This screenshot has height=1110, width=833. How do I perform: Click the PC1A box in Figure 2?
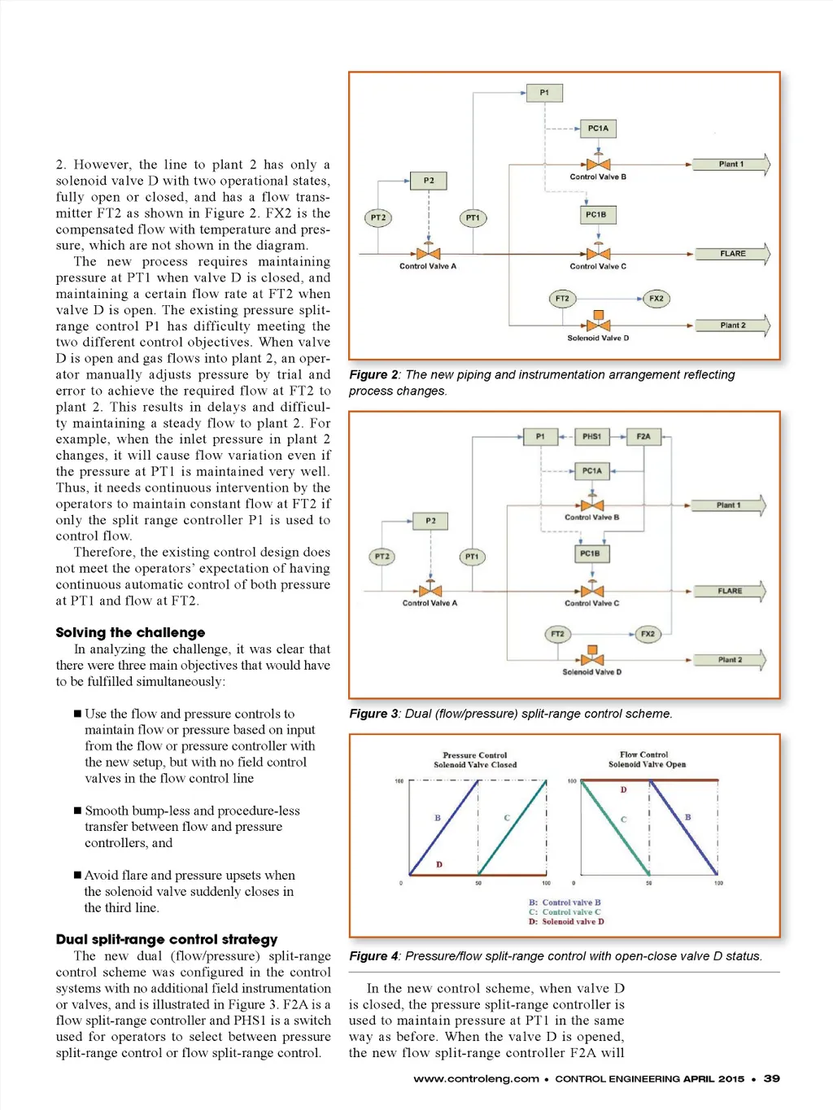point(598,129)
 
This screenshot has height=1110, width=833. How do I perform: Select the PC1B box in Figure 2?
point(596,215)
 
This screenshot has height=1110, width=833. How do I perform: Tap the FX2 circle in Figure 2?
point(656,299)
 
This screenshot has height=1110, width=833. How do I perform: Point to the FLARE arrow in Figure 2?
point(732,254)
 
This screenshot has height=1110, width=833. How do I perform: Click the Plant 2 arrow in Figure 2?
point(732,326)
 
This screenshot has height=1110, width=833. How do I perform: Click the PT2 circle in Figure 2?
point(378,218)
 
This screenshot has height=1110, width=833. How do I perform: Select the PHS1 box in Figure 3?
point(591,437)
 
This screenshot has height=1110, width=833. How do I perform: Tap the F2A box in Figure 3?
point(643,437)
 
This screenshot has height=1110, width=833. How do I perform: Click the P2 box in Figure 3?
point(430,521)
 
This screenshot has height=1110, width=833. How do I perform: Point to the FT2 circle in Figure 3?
point(557,634)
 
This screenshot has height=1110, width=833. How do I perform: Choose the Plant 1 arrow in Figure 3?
point(728,505)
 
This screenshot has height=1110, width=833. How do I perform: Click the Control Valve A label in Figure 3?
point(430,603)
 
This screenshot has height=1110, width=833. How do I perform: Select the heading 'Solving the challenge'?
point(130,632)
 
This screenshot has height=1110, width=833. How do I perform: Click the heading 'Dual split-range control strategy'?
point(167,939)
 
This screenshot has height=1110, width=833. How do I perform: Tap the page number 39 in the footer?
point(772,1078)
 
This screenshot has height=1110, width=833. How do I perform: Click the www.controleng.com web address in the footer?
point(476,1079)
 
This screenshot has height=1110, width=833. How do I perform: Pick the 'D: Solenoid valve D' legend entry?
point(566,922)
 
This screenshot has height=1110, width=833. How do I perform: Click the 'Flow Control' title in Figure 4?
point(643,754)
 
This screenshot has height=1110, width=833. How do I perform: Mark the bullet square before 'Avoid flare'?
point(77,876)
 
